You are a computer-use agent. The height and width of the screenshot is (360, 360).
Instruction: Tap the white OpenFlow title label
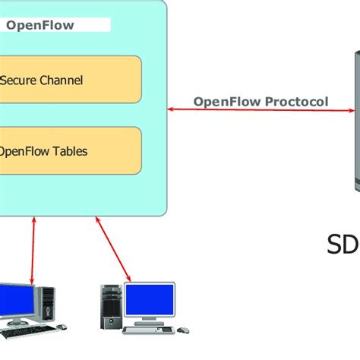point(57,25)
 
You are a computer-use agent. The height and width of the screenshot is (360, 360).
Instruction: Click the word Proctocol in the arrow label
point(299,102)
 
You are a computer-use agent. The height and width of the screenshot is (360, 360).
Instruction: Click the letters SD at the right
point(343,245)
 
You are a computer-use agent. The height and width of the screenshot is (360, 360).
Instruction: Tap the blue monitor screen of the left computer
point(15,301)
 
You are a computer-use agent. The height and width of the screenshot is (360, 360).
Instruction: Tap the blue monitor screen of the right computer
point(150,301)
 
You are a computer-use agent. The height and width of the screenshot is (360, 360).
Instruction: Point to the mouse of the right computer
point(183,329)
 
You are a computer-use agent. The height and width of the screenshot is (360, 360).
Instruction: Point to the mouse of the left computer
point(62,327)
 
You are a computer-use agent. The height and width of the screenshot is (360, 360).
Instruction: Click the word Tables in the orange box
point(70,151)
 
